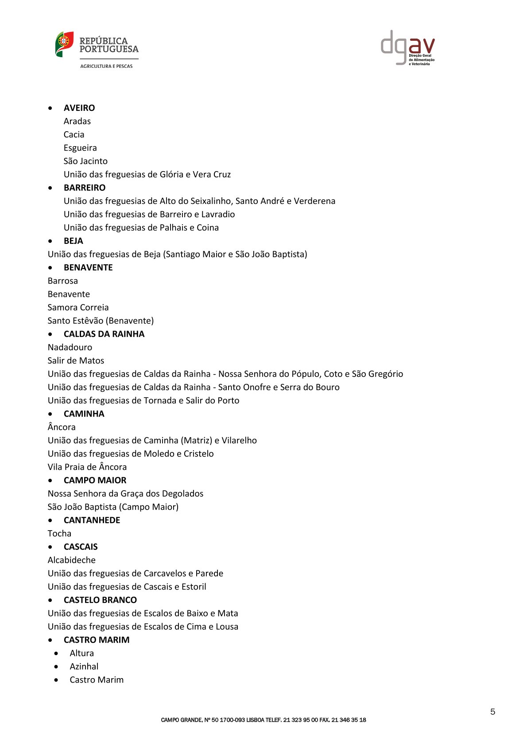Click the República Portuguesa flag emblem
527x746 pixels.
64,44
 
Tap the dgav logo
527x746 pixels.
407,48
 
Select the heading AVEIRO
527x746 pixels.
79,108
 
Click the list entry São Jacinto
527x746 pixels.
85,161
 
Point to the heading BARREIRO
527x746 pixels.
85,187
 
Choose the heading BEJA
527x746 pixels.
74,241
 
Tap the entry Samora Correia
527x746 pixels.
78,307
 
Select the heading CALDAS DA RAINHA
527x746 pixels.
104,334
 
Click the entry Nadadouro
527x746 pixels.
70,347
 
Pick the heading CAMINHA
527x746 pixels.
84,414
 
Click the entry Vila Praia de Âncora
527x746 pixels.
87,467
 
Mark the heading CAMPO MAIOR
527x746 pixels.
95,480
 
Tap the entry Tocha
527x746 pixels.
59,533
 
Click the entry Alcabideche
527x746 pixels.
72,560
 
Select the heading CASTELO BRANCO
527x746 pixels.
101,600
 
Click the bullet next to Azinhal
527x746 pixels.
56,667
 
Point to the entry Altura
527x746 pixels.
82,653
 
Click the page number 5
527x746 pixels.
492,712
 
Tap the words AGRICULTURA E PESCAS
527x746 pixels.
106,66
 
